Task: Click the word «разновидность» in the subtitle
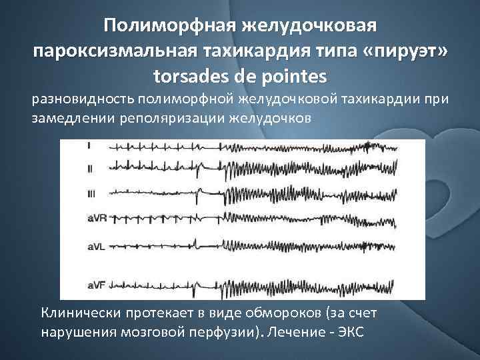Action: pos(83,100)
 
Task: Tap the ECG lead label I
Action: pos(89,145)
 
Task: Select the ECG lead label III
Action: pos(92,193)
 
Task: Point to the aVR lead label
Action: pos(97,217)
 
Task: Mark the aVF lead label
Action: pos(96,286)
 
